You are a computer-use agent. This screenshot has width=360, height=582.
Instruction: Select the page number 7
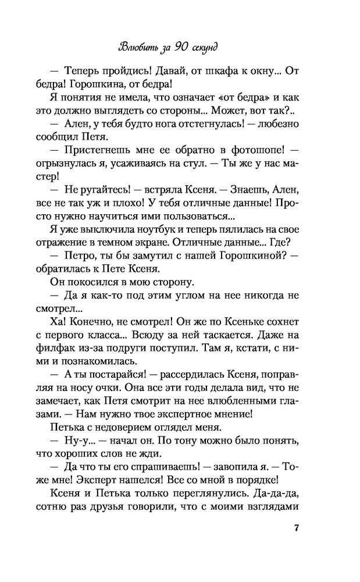coord(297,528)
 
